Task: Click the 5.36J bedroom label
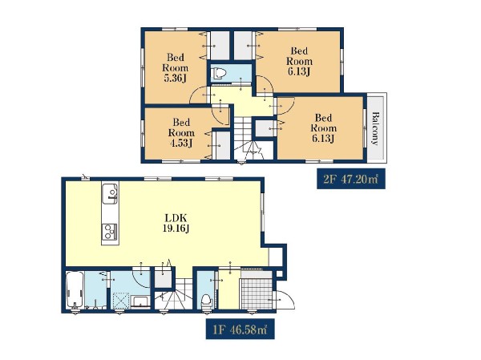click(176, 68)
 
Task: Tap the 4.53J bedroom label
click(181, 132)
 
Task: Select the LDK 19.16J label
click(176, 223)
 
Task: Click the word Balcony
click(375, 128)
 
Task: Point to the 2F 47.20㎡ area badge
click(351, 179)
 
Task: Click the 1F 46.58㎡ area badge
click(240, 329)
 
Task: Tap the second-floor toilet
click(219, 73)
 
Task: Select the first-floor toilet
click(206, 301)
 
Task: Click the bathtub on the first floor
click(75, 289)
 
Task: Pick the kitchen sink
click(110, 193)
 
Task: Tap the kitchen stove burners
click(110, 232)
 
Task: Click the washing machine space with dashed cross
click(120, 301)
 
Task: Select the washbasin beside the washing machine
click(140, 301)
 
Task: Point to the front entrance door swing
click(284, 299)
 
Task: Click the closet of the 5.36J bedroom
click(220, 46)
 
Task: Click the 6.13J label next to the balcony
click(323, 128)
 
